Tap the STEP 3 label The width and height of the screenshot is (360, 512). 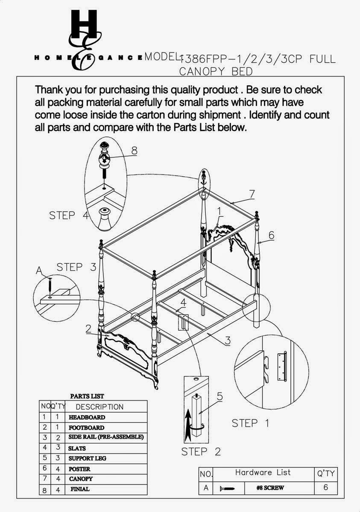76,267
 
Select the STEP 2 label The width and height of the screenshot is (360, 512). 201,451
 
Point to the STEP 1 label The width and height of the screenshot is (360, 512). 251,423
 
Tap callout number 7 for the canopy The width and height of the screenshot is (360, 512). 252,194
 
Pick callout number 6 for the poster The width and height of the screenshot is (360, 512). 271,235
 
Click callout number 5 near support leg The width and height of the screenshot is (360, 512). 220,396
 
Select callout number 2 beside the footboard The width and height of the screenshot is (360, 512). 88,328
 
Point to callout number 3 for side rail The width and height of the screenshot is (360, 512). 228,340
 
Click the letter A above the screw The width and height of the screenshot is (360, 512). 40,270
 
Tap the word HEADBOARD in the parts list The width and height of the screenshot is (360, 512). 87,417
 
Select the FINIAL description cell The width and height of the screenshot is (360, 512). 80,489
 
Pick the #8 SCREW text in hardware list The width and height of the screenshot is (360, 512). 270,488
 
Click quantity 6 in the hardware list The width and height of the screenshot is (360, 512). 325,487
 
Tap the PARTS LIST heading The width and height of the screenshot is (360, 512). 87,396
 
